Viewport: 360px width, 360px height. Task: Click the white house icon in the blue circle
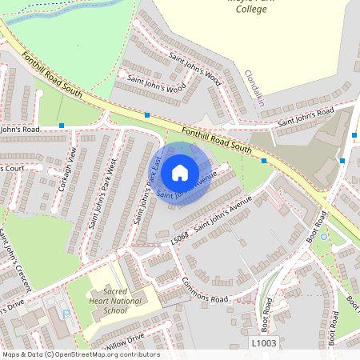[x=180, y=173]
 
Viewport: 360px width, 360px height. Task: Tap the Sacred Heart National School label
[x=110, y=302]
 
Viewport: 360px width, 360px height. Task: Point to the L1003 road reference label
[x=264, y=343]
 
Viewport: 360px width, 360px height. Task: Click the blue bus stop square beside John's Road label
[x=62, y=126]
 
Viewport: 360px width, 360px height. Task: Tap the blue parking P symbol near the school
[x=65, y=315]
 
